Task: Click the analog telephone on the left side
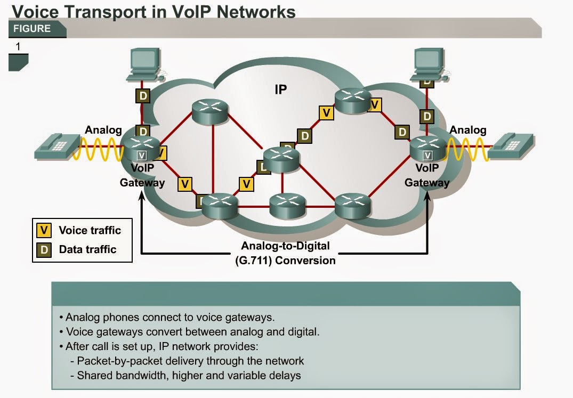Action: click(56, 147)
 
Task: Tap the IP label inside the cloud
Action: click(280, 90)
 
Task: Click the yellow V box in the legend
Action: click(44, 230)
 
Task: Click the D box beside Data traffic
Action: click(44, 249)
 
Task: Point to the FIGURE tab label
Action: click(33, 29)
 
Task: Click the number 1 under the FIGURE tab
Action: click(18, 47)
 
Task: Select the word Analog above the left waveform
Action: click(103, 130)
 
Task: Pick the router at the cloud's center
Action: click(281, 157)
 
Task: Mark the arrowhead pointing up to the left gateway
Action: click(141, 196)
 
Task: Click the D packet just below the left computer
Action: click(142, 96)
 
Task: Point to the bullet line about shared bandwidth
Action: click(189, 375)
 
